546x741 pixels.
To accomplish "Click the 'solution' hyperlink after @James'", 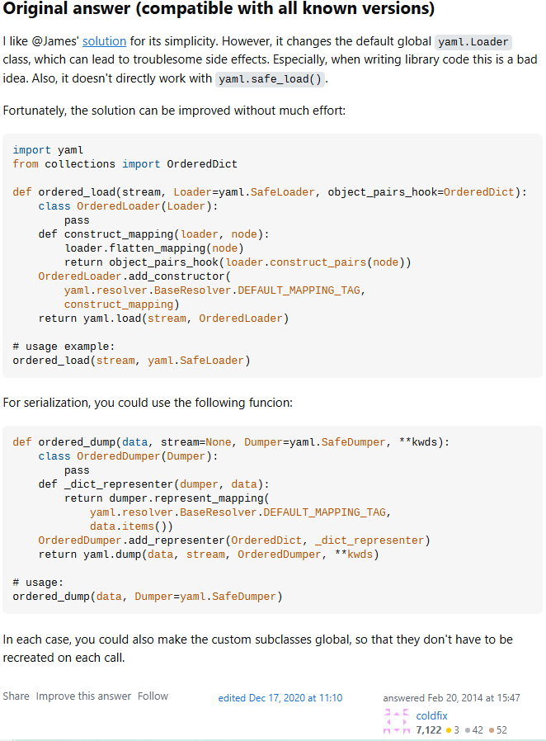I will click(103, 40).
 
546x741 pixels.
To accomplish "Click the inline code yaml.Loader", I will click(473, 41).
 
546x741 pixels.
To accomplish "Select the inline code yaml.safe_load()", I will click(271, 79).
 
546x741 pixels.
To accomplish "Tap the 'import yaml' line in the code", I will click(43, 150).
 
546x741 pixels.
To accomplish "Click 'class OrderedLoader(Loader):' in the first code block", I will click(128, 206).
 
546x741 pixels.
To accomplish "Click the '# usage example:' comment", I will click(64, 347).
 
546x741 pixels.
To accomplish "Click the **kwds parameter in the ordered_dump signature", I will click(422, 442).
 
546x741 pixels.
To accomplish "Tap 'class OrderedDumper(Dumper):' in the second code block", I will click(128, 456).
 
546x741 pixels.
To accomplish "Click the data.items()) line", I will click(131, 526).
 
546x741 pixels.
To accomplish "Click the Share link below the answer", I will click(16, 696).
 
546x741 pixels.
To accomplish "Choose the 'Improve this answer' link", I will click(83, 696).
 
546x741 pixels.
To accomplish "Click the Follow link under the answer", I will click(153, 696).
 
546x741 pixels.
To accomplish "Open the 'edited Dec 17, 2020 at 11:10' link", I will click(280, 698).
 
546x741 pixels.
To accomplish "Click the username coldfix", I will click(432, 715).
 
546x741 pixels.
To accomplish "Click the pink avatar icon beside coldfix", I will click(397, 722).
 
